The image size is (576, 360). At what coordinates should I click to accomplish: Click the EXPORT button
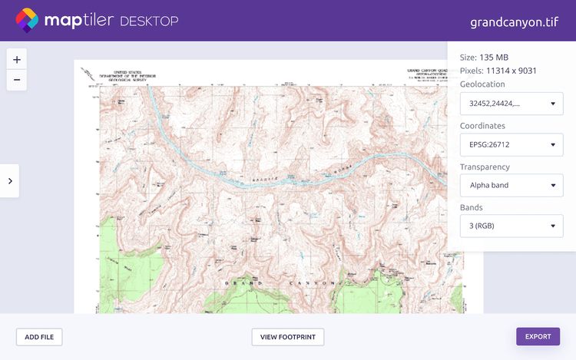point(538,336)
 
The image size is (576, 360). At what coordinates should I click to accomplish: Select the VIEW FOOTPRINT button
point(288,336)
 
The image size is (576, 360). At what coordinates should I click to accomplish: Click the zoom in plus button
point(17,59)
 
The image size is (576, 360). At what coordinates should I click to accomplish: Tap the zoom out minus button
point(17,79)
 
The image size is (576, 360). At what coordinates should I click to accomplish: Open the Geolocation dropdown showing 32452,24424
point(511,104)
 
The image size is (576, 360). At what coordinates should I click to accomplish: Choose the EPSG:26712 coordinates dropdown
point(511,144)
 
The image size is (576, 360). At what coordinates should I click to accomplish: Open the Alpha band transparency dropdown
point(511,185)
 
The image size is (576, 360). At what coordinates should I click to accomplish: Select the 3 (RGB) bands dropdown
point(511,226)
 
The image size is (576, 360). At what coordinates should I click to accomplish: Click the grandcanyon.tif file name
point(514,21)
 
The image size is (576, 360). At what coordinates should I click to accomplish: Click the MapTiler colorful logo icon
point(28,20)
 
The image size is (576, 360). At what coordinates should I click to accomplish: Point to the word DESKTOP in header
point(149,21)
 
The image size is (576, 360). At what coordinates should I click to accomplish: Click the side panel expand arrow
point(9,181)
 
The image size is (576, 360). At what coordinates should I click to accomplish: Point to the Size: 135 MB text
point(484,58)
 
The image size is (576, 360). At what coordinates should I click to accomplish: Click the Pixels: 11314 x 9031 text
point(498,71)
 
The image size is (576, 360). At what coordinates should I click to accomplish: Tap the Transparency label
point(485,167)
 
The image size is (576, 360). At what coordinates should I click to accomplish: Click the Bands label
point(472,207)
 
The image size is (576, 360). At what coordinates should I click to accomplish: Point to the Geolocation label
point(482,84)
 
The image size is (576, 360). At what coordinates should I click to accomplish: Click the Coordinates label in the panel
point(483,126)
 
